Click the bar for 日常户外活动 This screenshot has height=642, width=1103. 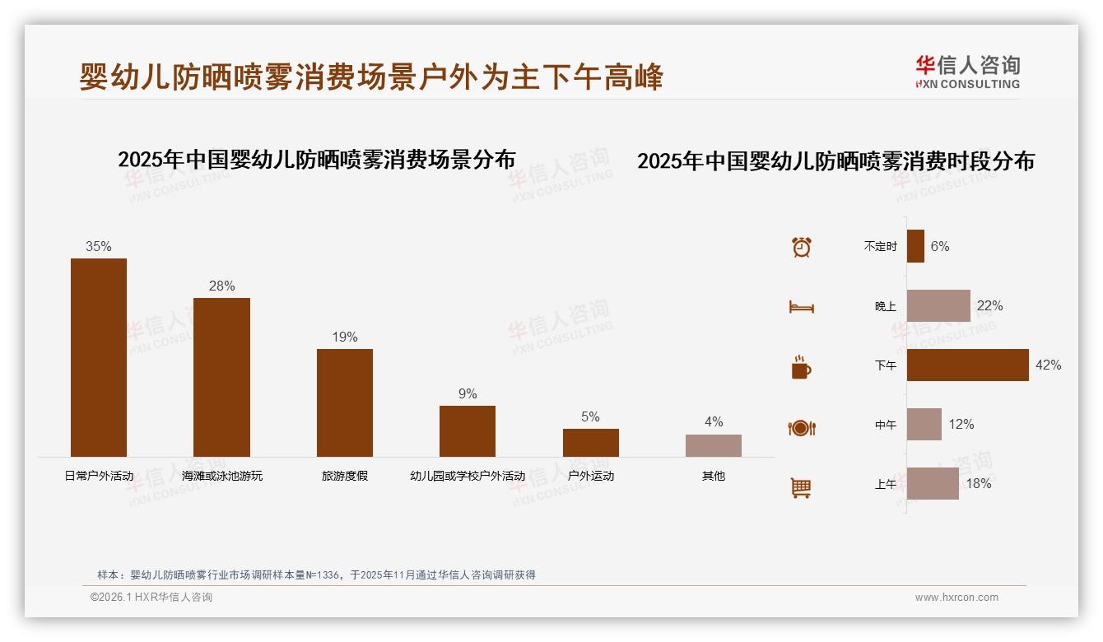click(x=99, y=357)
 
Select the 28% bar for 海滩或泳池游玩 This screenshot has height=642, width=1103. click(x=221, y=377)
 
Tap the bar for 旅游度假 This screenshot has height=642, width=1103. click(x=345, y=402)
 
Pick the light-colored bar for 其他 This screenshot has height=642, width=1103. click(x=714, y=445)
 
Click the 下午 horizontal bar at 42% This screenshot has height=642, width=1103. click(x=968, y=365)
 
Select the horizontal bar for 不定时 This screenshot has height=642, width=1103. click(x=915, y=246)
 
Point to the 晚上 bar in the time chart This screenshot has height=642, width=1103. click(x=938, y=305)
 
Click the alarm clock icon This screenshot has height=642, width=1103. click(x=802, y=247)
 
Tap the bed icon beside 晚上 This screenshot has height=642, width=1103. click(x=802, y=306)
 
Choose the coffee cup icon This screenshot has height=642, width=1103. click(x=802, y=367)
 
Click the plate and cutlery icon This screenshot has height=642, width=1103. click(x=802, y=427)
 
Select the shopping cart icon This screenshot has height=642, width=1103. click(x=801, y=487)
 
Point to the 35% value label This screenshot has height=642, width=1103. click(x=99, y=246)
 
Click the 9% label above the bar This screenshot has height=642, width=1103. click(x=468, y=393)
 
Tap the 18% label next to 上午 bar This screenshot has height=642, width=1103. click(x=979, y=483)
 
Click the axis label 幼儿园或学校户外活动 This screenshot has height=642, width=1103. click(x=468, y=476)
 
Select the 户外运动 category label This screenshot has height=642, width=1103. click(x=591, y=476)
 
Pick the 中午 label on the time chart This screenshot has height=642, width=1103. click(x=886, y=425)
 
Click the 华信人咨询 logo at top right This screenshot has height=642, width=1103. click(x=967, y=71)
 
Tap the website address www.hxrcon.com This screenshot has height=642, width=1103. click(x=956, y=598)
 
